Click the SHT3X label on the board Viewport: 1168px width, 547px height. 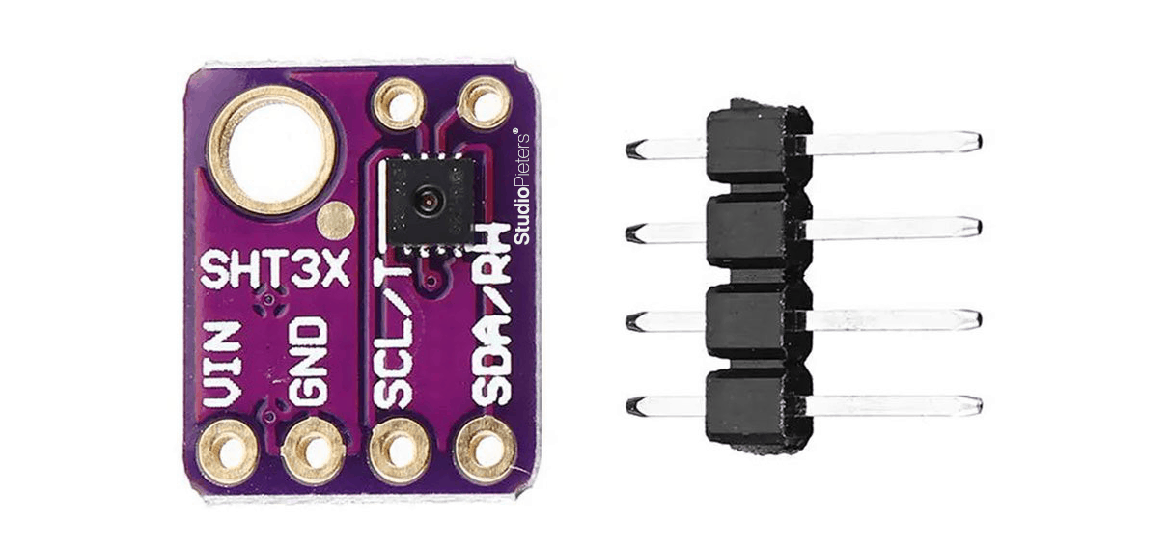[272, 271]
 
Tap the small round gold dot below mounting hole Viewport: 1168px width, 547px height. [334, 221]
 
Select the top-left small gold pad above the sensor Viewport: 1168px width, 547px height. [399, 100]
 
